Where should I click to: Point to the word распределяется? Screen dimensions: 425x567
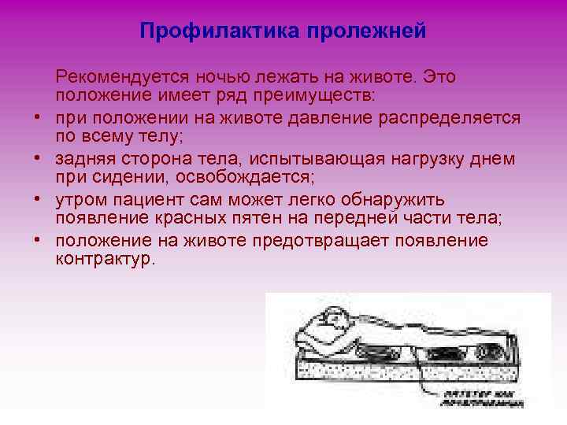(x=449, y=117)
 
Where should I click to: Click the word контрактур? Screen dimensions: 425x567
(x=105, y=259)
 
